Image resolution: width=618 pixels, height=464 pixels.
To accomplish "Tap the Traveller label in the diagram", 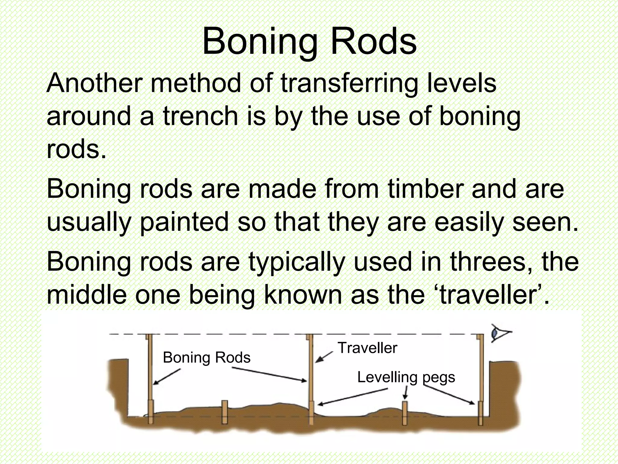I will coord(367,348).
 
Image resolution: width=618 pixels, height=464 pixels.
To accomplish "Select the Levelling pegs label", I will coord(406,377).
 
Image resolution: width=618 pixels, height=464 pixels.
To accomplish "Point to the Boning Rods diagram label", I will coord(206,358).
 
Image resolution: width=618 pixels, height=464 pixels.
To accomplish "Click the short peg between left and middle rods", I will coord(225,412).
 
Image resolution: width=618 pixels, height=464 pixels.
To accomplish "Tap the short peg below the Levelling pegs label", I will coord(405,413).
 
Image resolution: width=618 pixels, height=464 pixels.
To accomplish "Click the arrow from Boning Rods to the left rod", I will coord(167,376).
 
